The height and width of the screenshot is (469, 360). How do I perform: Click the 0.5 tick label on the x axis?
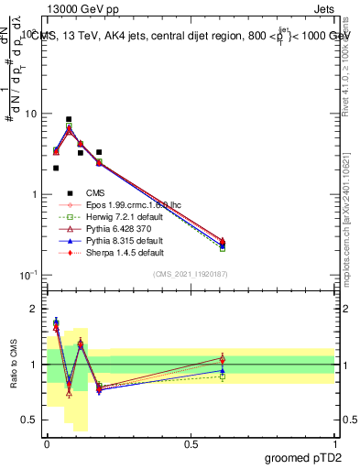tap(191, 443)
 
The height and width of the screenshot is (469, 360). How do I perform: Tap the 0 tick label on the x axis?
tap(47, 443)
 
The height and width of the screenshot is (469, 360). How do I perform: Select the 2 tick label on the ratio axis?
tap(33, 309)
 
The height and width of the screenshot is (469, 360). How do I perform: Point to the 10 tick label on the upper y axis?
tap(27, 115)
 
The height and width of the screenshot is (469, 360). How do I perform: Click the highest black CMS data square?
tap(69, 119)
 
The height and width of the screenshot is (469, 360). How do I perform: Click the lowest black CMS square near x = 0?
tap(56, 168)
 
